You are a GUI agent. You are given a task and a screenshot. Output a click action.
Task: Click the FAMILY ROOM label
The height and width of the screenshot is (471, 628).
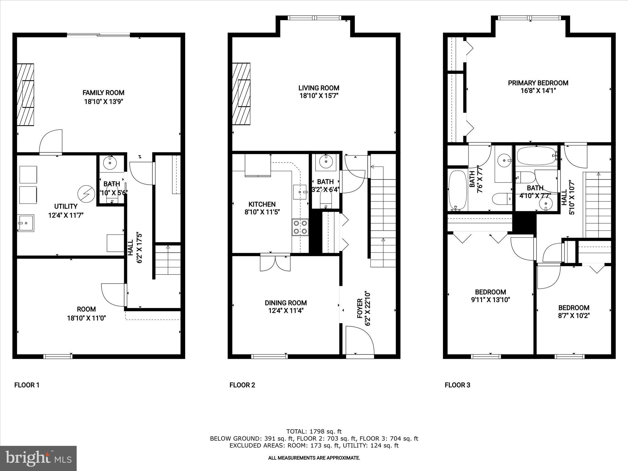103,93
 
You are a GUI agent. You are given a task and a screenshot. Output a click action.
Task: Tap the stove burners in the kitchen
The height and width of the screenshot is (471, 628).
300,227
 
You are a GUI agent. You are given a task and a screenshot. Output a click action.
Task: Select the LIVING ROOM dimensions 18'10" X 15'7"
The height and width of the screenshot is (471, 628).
319,96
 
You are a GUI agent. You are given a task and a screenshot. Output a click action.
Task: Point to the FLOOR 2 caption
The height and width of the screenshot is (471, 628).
242,385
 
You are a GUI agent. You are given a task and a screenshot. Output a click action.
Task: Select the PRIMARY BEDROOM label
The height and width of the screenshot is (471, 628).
538,83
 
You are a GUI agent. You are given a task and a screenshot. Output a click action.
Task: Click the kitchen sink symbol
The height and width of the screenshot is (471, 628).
300,192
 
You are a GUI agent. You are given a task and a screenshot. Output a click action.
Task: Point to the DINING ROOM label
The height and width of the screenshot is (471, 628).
286,303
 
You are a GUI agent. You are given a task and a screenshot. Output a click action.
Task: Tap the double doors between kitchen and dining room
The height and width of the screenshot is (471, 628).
275,262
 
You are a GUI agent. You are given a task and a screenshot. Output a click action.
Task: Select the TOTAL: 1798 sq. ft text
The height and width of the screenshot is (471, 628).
314,431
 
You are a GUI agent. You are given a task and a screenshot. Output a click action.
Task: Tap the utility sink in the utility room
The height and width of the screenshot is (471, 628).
25,223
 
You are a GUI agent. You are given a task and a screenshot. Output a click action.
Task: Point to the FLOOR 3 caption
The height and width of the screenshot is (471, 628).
457,385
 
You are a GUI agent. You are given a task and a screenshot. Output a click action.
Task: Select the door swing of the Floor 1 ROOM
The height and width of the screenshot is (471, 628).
113,294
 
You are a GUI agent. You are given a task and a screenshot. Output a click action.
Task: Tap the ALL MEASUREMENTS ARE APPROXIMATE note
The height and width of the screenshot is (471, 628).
314,458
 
